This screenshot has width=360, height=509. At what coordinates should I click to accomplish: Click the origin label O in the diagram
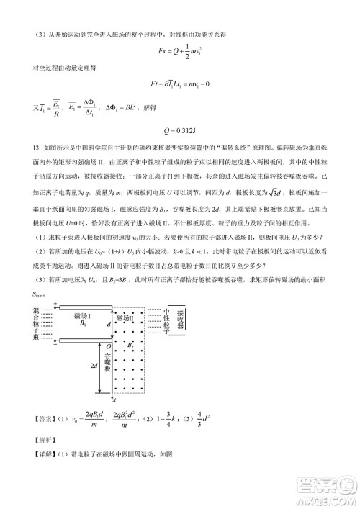click(x=108, y=346)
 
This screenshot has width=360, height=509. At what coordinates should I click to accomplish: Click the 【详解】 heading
click(x=37, y=454)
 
